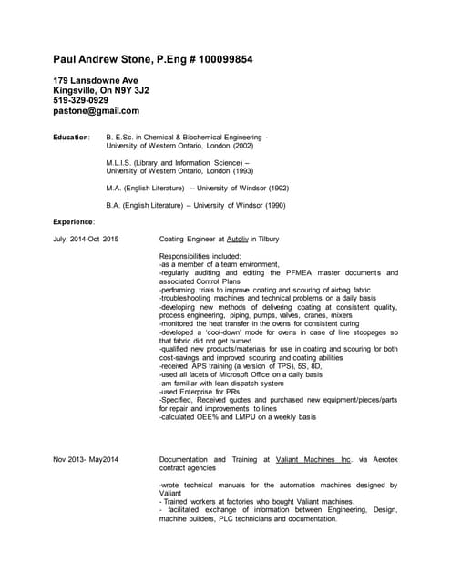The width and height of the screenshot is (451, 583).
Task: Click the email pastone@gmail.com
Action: pos(97,111)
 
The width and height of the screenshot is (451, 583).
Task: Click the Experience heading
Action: pos(74,221)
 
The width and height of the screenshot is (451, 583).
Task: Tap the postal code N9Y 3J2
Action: pos(133,91)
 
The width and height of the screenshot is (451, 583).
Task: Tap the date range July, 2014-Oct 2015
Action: pos(87,239)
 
